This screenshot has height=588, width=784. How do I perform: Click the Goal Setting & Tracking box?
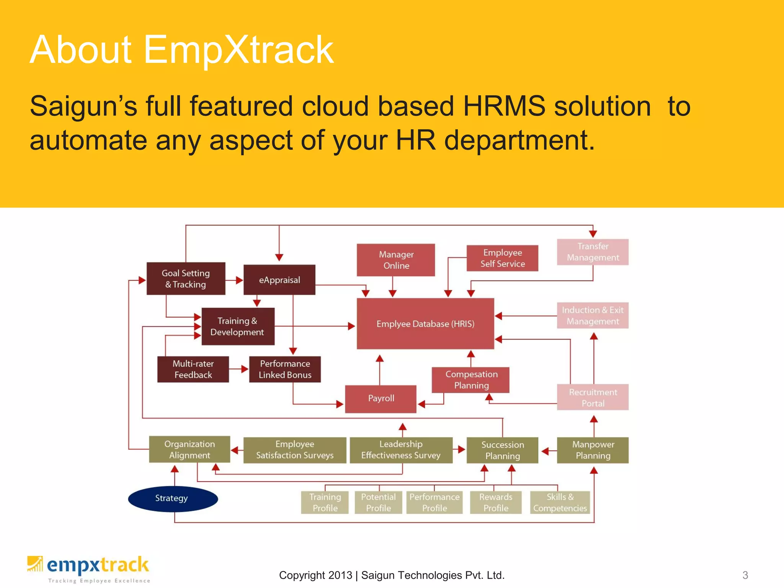tap(186, 279)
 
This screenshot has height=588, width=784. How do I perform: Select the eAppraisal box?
tap(279, 280)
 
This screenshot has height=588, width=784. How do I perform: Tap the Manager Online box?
tap(396, 260)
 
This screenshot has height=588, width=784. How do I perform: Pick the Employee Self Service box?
tap(502, 258)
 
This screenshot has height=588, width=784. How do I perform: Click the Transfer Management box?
tap(593, 252)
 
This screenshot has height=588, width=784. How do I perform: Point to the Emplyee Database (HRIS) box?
tap(425, 323)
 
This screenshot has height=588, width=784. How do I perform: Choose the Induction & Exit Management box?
tap(593, 315)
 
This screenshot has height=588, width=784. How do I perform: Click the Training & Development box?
tap(238, 327)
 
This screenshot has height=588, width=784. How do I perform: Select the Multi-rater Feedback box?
tap(193, 369)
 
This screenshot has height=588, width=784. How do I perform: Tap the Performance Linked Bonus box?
tap(285, 369)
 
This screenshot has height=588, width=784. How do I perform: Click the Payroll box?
tap(381, 399)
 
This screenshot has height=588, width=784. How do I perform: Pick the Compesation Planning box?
tap(471, 380)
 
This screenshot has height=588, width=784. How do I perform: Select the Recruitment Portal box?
tap(593, 397)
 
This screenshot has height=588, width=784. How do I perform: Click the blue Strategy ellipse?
tap(173, 498)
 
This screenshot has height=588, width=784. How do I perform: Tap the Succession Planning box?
tap(502, 450)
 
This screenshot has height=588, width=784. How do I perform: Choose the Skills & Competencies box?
tap(560, 502)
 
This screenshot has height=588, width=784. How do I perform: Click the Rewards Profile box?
tap(496, 502)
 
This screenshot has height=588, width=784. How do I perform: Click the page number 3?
tap(745, 575)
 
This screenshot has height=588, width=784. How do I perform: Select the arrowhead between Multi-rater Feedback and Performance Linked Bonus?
tap(245, 369)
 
